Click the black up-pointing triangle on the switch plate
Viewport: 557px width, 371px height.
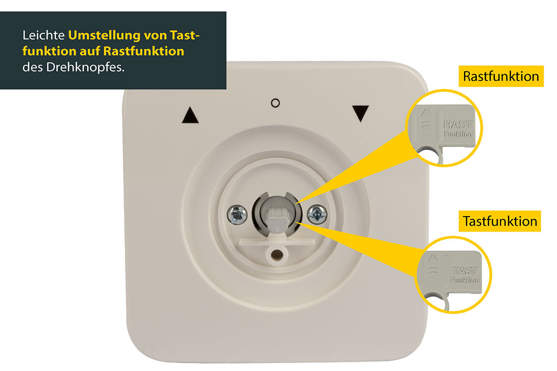[190, 115]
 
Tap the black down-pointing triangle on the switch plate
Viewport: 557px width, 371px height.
[360, 113]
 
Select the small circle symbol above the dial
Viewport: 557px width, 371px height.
[275, 103]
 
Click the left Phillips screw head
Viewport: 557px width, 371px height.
[237, 215]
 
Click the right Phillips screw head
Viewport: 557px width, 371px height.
[317, 214]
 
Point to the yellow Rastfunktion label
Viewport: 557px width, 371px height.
[501, 77]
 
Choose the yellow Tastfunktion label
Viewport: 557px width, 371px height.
[500, 221]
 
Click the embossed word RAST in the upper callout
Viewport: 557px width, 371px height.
[458, 125]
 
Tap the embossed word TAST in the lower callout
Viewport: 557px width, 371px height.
[465, 271]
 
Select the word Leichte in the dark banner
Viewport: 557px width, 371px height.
[44, 35]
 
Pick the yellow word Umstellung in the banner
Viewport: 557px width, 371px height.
[104, 35]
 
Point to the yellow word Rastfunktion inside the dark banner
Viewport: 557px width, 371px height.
[144, 51]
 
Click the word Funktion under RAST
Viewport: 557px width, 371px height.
[458, 134]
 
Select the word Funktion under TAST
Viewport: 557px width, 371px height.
[465, 281]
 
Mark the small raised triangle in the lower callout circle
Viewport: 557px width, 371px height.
[433, 258]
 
